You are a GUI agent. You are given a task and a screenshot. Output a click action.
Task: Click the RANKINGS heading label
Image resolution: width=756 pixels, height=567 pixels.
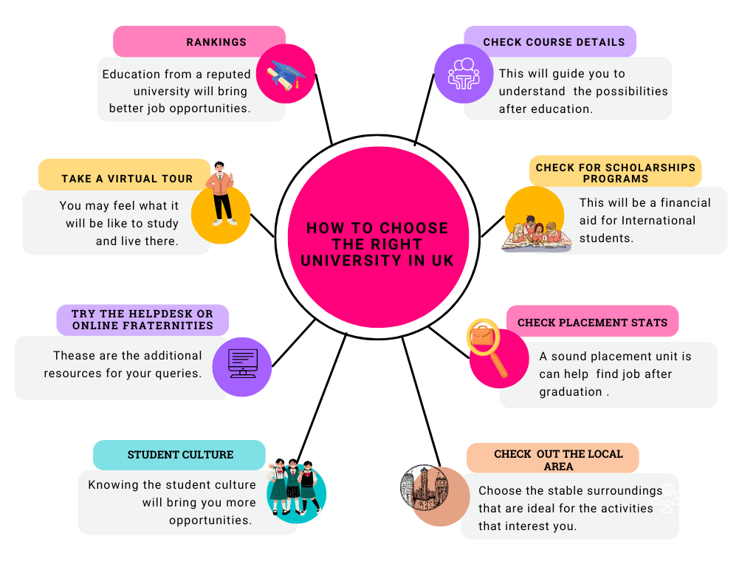(x=216, y=42)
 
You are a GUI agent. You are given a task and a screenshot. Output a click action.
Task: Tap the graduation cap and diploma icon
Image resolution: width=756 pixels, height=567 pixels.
(x=286, y=74)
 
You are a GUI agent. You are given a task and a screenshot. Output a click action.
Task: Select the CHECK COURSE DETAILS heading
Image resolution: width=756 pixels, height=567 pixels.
(x=554, y=42)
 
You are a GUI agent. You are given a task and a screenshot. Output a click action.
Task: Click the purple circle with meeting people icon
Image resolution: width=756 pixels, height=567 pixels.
(x=463, y=73)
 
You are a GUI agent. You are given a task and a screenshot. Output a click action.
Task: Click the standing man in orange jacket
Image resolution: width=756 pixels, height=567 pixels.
(x=220, y=193)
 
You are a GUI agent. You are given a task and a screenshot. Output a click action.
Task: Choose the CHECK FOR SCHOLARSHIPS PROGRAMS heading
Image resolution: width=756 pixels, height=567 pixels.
(x=616, y=173)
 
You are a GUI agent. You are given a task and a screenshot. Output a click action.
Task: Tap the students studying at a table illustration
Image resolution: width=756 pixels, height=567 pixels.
(x=537, y=232)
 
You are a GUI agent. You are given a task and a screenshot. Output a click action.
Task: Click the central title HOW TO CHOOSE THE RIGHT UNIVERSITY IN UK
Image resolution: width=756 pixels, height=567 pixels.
(x=377, y=244)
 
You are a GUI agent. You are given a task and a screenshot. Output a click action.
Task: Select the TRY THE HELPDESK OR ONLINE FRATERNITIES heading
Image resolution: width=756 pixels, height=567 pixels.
(x=142, y=320)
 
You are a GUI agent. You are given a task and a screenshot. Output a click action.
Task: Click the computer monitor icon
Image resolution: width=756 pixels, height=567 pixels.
(x=242, y=363)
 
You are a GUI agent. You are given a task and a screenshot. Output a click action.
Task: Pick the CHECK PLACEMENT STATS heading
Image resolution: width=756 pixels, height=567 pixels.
(x=592, y=323)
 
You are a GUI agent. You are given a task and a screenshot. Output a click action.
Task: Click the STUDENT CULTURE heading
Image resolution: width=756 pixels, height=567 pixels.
(x=180, y=455)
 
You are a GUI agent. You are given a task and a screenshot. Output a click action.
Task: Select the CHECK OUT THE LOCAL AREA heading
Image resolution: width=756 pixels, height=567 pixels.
(x=558, y=460)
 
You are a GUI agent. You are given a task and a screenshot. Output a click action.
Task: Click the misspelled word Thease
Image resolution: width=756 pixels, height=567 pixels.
(x=75, y=356)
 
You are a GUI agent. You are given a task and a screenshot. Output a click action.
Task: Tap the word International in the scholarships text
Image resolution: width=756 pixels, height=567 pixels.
(x=659, y=221)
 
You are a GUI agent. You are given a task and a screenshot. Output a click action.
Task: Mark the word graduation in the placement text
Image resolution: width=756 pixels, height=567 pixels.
(x=571, y=392)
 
